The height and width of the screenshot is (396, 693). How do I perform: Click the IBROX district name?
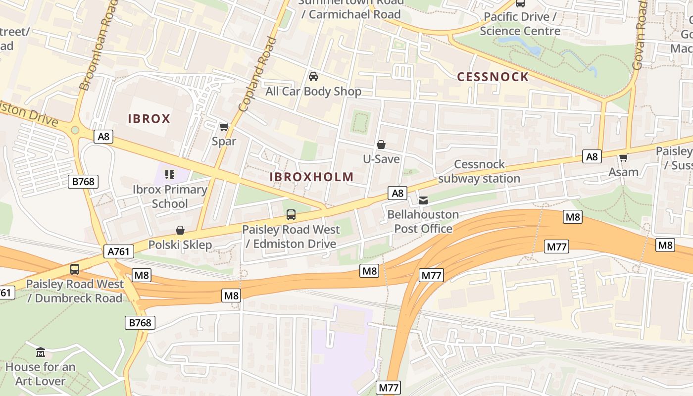click(x=149, y=119)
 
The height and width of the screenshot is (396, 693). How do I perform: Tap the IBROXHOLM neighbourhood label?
click(x=312, y=177)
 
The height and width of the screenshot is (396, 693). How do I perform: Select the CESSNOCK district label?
click(x=493, y=77)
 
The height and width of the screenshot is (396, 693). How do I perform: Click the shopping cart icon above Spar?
click(x=224, y=127)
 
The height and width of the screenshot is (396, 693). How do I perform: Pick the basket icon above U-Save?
click(x=381, y=145)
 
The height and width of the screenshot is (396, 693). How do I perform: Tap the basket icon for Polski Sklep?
click(x=180, y=231)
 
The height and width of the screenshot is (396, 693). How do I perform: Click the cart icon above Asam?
click(x=623, y=158)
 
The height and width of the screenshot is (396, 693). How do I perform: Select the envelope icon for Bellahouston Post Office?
click(x=423, y=200)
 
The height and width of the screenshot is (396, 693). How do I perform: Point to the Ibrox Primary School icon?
click(x=170, y=175)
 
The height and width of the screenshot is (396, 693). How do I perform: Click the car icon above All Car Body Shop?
click(x=313, y=77)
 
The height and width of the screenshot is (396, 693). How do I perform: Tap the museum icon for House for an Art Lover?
click(x=41, y=352)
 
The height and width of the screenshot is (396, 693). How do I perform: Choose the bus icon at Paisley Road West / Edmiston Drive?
click(x=291, y=215)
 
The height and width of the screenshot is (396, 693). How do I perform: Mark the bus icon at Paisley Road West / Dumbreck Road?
click(x=75, y=269)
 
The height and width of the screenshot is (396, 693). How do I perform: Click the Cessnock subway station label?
click(x=479, y=171)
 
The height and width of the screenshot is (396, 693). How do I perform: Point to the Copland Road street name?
click(x=257, y=74)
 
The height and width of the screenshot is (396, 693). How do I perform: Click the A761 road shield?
click(x=119, y=251)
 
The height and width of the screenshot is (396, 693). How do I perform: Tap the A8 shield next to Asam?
click(x=592, y=157)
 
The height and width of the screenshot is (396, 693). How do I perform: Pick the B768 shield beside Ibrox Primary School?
click(x=83, y=182)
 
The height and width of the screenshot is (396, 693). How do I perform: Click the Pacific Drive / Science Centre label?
click(x=520, y=24)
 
